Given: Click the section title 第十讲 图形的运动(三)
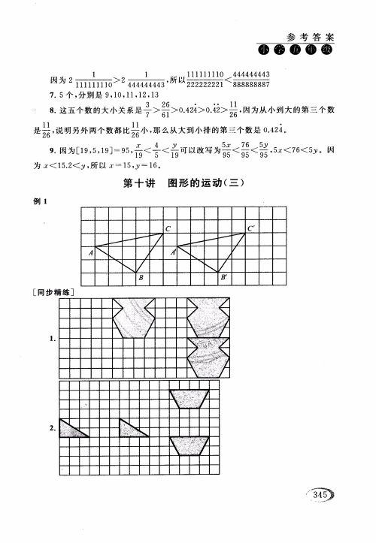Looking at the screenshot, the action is [185, 183].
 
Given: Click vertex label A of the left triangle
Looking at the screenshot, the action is [90, 252].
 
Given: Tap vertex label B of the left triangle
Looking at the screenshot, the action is [141, 279].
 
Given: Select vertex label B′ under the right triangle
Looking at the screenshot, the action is [224, 279].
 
